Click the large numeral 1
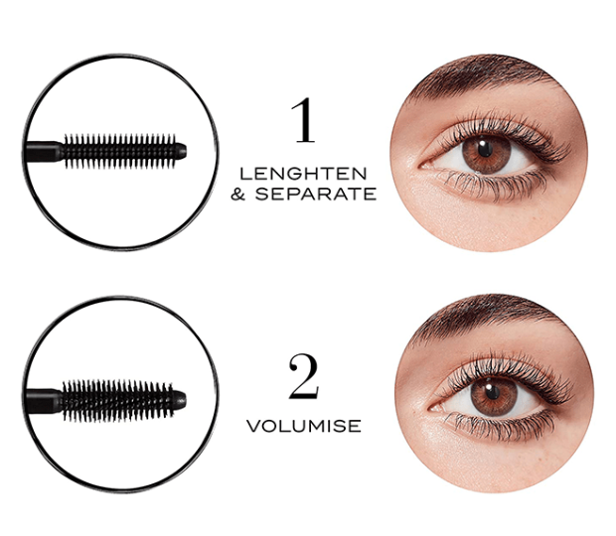coord(304,120)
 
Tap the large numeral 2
coord(303,377)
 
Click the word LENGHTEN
coord(303,174)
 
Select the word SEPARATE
coord(316,194)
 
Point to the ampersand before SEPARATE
coord(238,194)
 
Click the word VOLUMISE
coord(304,426)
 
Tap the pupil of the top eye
coord(485,149)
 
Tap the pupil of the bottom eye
coord(492,392)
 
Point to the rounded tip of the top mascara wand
coord(181,151)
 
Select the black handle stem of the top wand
coord(43,152)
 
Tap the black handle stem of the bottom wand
coord(43,401)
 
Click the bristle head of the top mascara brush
coord(120,151)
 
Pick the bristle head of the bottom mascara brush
coord(118,400)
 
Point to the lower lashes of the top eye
coord(495,184)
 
